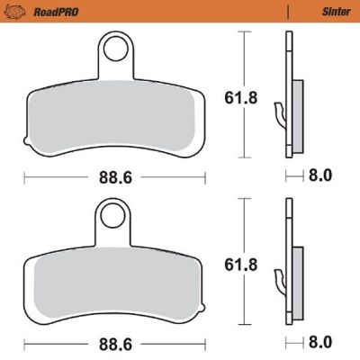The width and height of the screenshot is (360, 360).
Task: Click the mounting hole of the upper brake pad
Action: click(x=112, y=46)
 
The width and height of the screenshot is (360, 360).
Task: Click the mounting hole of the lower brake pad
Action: click(x=112, y=214)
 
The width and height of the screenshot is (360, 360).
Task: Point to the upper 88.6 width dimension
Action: click(x=114, y=178)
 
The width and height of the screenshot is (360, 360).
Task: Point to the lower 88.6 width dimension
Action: click(x=114, y=343)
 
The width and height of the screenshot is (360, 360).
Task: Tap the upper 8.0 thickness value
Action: click(x=320, y=178)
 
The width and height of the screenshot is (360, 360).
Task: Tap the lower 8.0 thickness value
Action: click(x=320, y=343)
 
